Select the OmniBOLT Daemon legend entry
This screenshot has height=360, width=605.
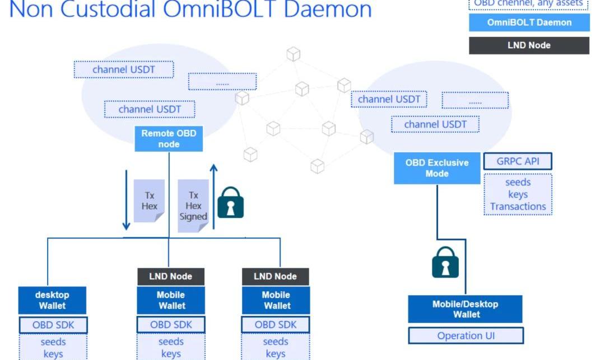529,22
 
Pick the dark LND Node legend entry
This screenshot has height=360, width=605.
529,45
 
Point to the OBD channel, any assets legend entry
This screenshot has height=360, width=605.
528,4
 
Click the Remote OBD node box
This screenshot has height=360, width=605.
169,139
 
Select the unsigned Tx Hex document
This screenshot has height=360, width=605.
149,200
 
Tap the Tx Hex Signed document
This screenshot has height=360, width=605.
193,205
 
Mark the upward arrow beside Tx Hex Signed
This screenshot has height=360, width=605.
213,196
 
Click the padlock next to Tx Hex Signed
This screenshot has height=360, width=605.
231,202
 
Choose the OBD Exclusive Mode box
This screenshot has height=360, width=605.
437,168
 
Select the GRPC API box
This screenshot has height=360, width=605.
518,161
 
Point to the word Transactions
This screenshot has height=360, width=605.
518,207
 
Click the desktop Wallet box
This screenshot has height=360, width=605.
52,300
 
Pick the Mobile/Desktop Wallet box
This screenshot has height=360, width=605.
465,310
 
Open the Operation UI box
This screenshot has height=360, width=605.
466,336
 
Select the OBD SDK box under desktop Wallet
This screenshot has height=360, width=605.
53,325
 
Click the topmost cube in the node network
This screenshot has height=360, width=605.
293,54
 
